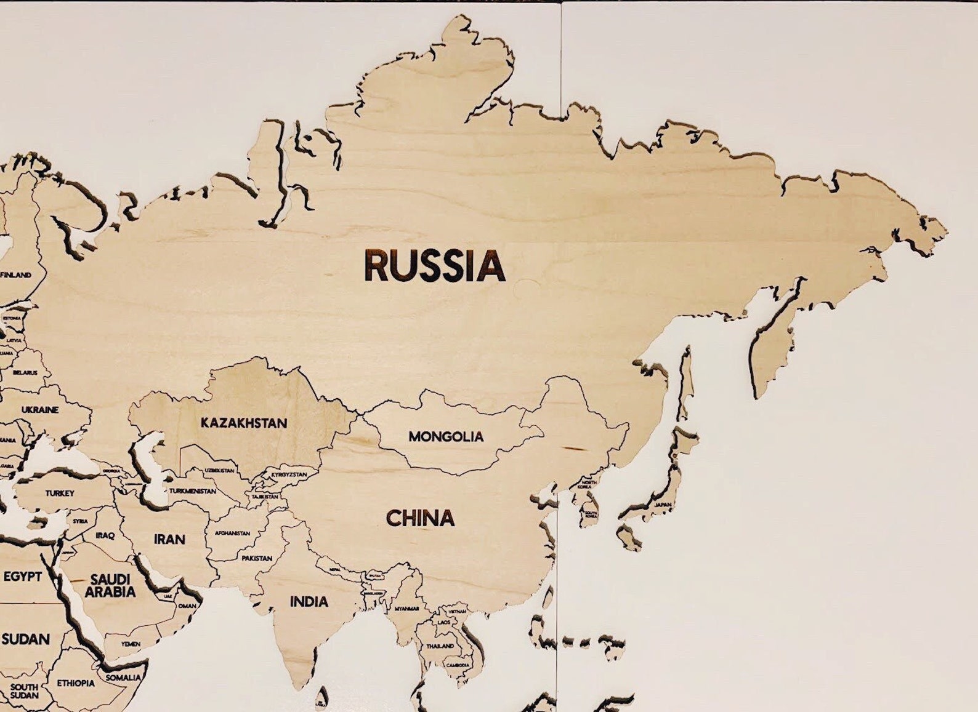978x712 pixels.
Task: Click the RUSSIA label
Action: (x=435, y=265)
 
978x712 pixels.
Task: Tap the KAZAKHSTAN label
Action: (x=244, y=423)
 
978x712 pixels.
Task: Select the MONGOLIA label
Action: (x=446, y=436)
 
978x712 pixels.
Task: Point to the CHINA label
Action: (x=420, y=518)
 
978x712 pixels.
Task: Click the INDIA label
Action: (x=309, y=601)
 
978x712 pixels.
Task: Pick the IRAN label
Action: (x=169, y=539)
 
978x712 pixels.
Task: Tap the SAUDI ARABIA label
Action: (x=110, y=586)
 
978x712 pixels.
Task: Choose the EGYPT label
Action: (x=23, y=577)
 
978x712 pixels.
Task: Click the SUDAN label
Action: (x=25, y=639)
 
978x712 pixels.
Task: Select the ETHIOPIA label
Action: (x=76, y=683)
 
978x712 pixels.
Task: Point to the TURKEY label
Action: (x=60, y=493)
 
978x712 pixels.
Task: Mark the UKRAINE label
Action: (x=40, y=409)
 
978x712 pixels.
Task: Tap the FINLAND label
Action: (x=15, y=274)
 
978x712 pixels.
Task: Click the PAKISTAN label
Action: (x=257, y=558)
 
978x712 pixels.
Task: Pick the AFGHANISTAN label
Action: (x=232, y=533)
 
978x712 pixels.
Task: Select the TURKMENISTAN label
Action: (x=193, y=491)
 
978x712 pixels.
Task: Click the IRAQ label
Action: (x=105, y=535)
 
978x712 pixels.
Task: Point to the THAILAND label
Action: (x=440, y=646)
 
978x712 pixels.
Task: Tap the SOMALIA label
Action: (x=123, y=678)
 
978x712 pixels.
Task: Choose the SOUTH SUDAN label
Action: (x=25, y=690)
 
